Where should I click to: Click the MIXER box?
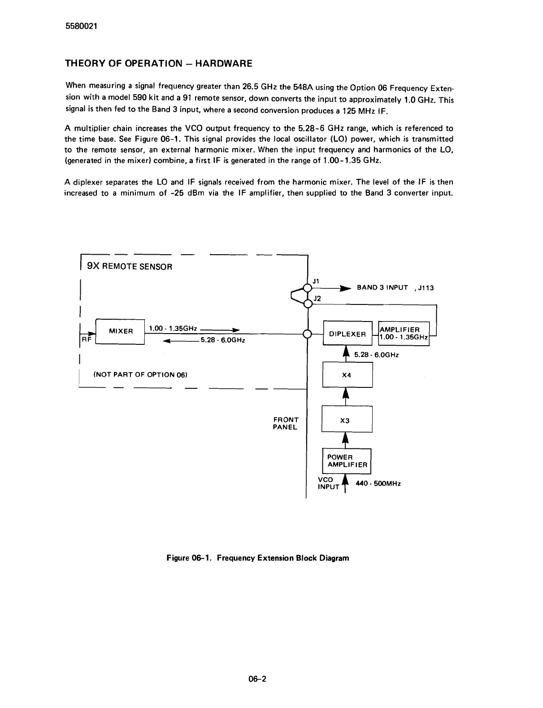click(x=120, y=331)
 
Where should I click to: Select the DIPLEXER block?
click(x=348, y=334)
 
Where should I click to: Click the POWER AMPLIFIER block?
click(x=347, y=461)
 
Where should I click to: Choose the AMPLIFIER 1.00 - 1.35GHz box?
click(x=404, y=334)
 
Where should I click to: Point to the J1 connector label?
click(x=316, y=281)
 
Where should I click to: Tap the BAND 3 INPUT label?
click(x=382, y=287)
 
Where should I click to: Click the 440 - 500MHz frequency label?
click(x=378, y=483)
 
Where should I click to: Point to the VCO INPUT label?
click(x=327, y=483)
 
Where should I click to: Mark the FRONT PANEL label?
click(x=286, y=423)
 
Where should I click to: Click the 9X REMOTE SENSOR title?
click(x=130, y=266)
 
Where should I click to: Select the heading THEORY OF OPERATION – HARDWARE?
click(x=159, y=64)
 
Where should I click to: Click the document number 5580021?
click(x=81, y=26)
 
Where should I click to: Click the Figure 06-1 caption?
click(x=257, y=558)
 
